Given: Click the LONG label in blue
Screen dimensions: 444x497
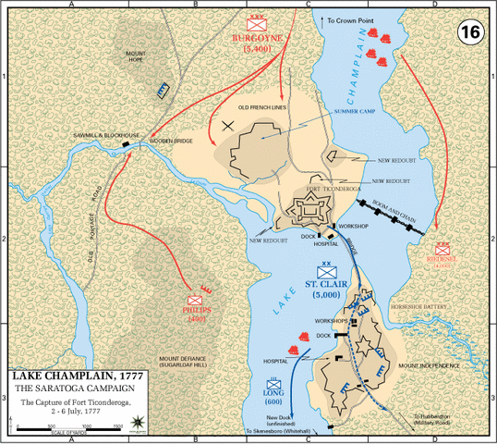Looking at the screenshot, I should pyautogui.click(x=273, y=391).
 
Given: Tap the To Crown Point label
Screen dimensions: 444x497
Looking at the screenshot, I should pyautogui.click(x=347, y=18).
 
